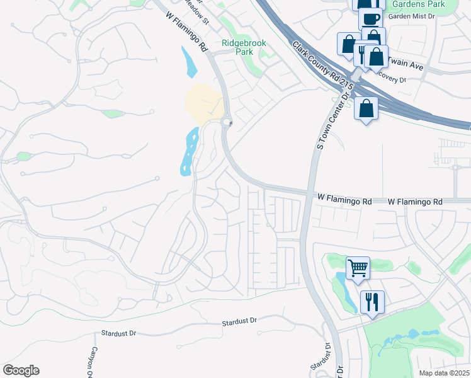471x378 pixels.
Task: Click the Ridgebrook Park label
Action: (x=244, y=48)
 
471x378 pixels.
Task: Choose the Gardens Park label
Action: (x=418, y=4)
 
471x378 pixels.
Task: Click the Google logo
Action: (x=21, y=370)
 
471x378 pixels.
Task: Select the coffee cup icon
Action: (x=370, y=18)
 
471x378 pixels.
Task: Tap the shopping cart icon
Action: (x=358, y=268)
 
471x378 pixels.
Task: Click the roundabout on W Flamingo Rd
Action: (x=227, y=123)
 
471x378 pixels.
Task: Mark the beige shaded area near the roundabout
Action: (x=203, y=103)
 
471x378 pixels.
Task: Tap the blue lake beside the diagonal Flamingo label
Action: (x=188, y=62)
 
